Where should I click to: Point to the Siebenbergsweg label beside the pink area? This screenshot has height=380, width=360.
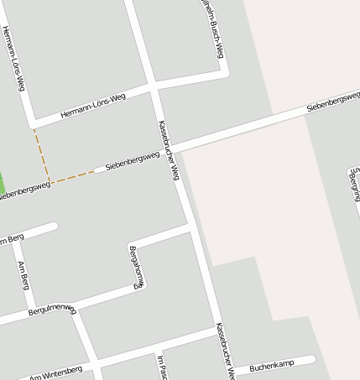tap(334, 103)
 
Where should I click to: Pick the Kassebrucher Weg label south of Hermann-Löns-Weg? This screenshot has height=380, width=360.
tap(169, 149)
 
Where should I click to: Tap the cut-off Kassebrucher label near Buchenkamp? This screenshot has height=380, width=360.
tap(222, 351)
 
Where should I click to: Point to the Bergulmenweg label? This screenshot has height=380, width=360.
tap(52, 310)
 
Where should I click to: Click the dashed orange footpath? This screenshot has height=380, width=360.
tap(40, 155)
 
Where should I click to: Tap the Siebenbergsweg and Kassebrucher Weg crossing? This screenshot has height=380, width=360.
tap(173, 148)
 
